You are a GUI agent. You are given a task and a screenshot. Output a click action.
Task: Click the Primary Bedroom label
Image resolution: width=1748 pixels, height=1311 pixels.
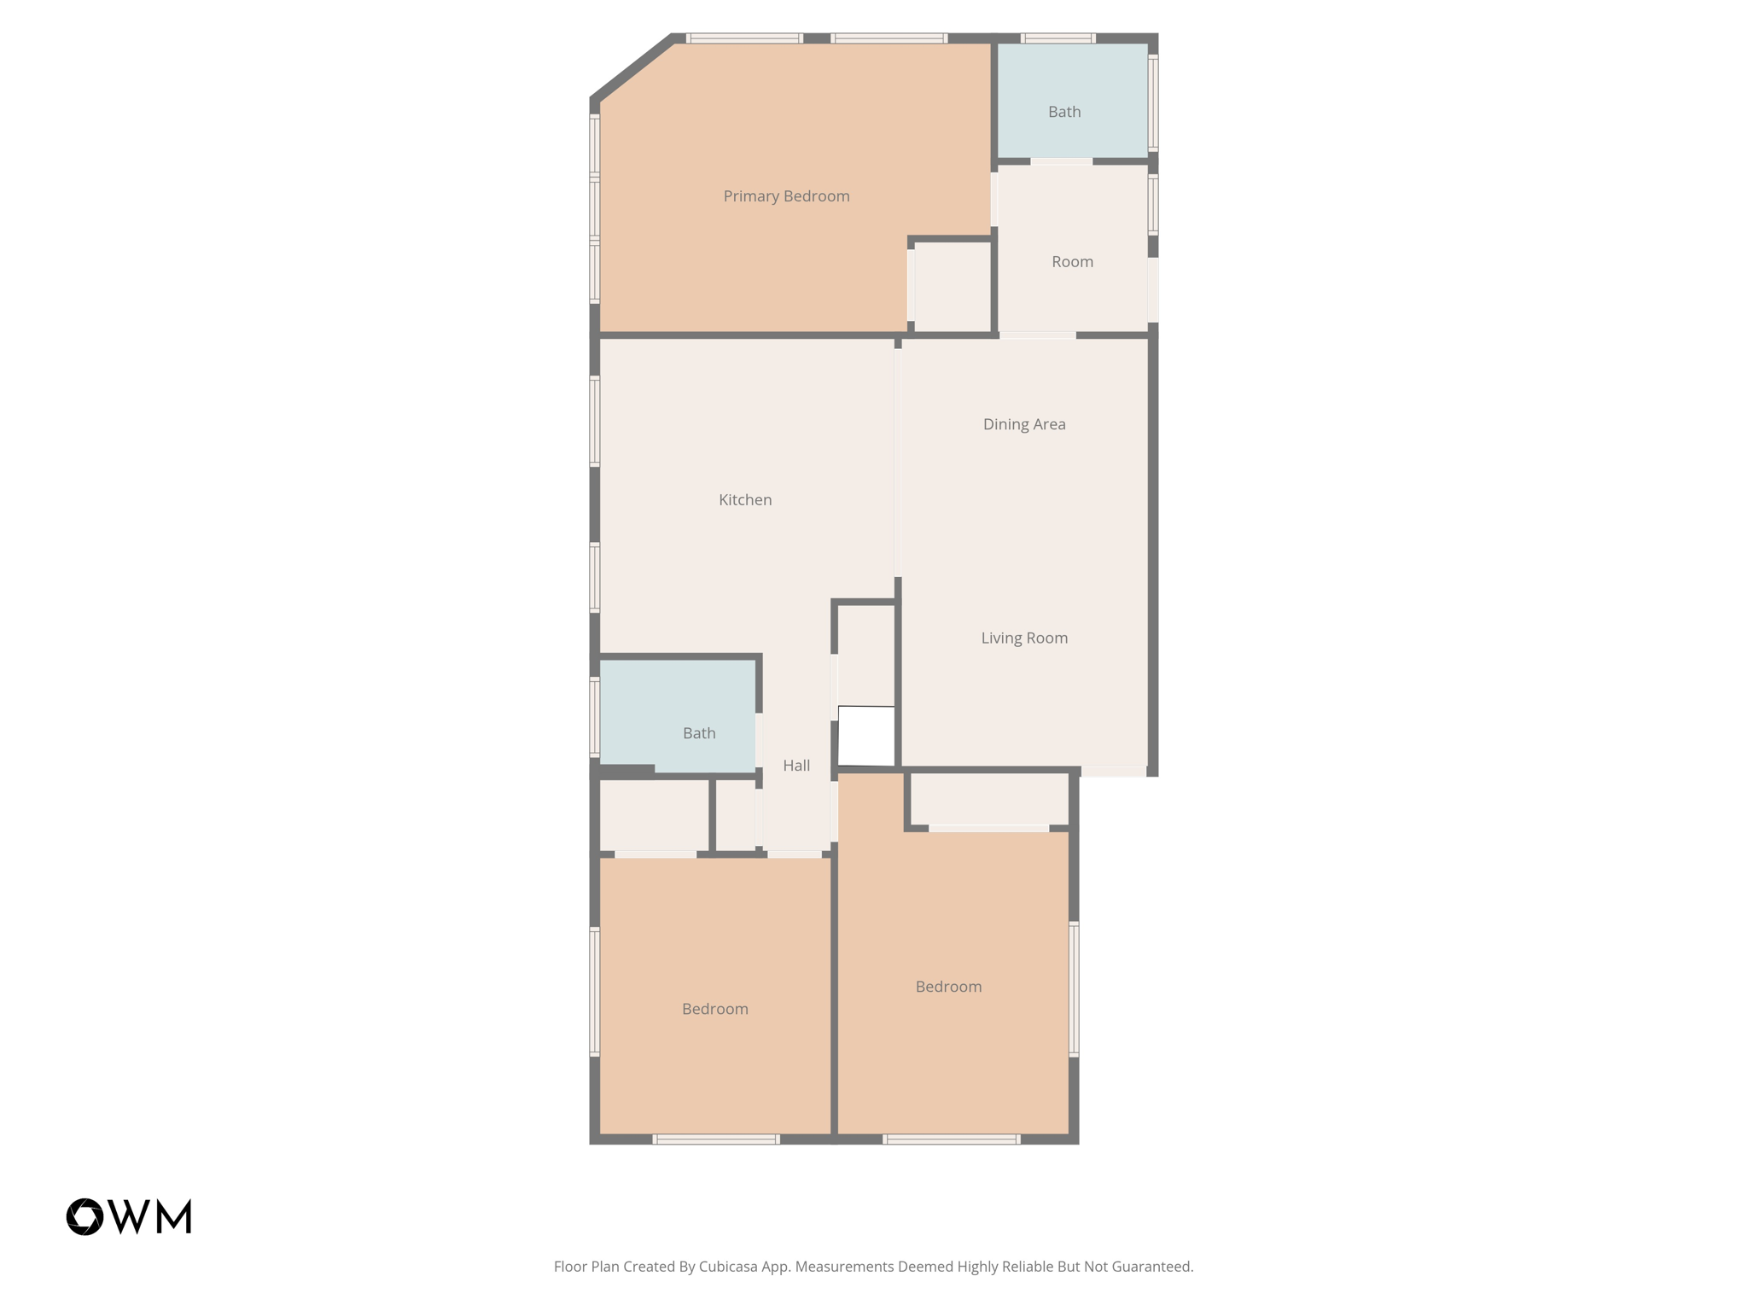pos(786,196)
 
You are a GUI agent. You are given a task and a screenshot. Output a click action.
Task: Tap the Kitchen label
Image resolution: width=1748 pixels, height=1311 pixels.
pos(745,500)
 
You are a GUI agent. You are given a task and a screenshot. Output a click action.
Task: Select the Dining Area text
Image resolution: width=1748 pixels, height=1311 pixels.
pos(1024,424)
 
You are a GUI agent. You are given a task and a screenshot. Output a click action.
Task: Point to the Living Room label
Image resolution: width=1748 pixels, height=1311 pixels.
pos(1024,638)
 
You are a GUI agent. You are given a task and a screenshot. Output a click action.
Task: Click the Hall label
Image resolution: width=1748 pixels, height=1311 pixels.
pos(796,766)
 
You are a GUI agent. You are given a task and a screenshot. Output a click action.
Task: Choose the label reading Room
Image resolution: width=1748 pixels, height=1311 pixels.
pos(1072,262)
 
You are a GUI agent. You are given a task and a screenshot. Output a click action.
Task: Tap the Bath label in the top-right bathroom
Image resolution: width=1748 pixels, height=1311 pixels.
pos(1064,112)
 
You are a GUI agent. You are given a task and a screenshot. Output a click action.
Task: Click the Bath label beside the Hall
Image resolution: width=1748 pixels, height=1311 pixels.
pos(699,733)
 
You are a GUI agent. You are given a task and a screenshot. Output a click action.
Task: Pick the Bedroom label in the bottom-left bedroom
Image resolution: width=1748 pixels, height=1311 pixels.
pos(715,1009)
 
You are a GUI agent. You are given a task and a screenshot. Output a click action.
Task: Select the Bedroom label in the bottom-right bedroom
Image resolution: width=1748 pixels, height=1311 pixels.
pos(948,987)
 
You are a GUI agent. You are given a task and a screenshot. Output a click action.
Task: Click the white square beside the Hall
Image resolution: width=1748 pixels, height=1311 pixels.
pos(866,736)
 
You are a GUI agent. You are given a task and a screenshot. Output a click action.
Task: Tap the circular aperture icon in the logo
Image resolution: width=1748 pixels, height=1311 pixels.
pos(84,1216)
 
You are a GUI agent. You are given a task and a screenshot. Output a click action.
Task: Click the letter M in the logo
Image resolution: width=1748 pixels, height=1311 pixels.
pos(175,1216)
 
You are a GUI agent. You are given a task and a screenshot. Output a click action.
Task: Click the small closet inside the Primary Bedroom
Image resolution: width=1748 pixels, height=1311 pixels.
pos(952,287)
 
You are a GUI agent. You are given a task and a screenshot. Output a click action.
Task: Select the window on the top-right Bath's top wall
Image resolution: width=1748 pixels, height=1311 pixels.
pos(1058,38)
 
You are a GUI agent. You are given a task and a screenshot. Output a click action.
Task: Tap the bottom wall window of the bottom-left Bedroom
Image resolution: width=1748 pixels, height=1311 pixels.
pos(716,1139)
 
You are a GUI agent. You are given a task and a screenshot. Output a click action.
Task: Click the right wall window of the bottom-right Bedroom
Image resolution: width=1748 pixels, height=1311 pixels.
pos(1074,989)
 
